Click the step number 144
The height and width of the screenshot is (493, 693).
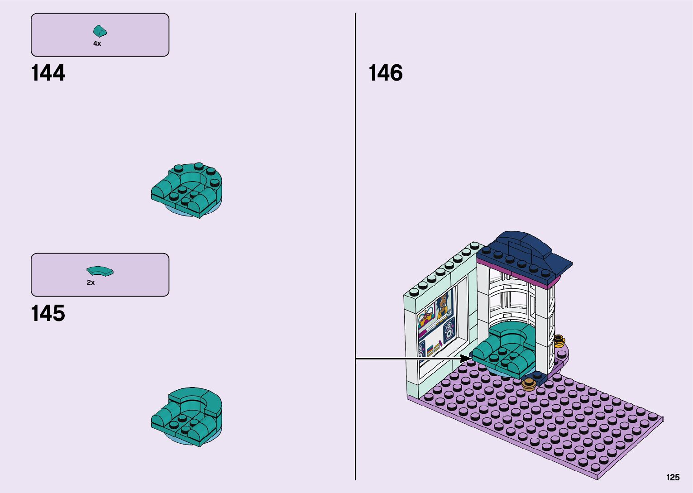pos(48,73)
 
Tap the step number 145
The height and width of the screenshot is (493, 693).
pos(48,313)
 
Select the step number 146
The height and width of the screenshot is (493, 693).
pos(386,73)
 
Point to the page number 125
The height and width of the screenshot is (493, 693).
pos(673,478)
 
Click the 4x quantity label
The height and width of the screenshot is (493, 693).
pos(97,43)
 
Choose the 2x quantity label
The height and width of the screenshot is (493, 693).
pos(91,282)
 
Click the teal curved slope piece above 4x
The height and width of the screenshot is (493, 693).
pos(100,31)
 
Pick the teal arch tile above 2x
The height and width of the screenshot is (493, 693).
pos(100,271)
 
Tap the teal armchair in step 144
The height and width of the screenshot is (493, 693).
pos(186,190)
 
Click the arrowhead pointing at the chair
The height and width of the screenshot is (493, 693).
pos(466,359)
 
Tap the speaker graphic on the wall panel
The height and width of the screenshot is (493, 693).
pos(449,330)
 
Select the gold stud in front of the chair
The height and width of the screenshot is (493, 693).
pos(529,385)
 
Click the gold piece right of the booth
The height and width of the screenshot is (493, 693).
pos(559,340)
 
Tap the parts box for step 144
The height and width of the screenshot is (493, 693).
pos(100,35)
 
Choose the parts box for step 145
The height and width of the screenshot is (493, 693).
pos(100,275)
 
